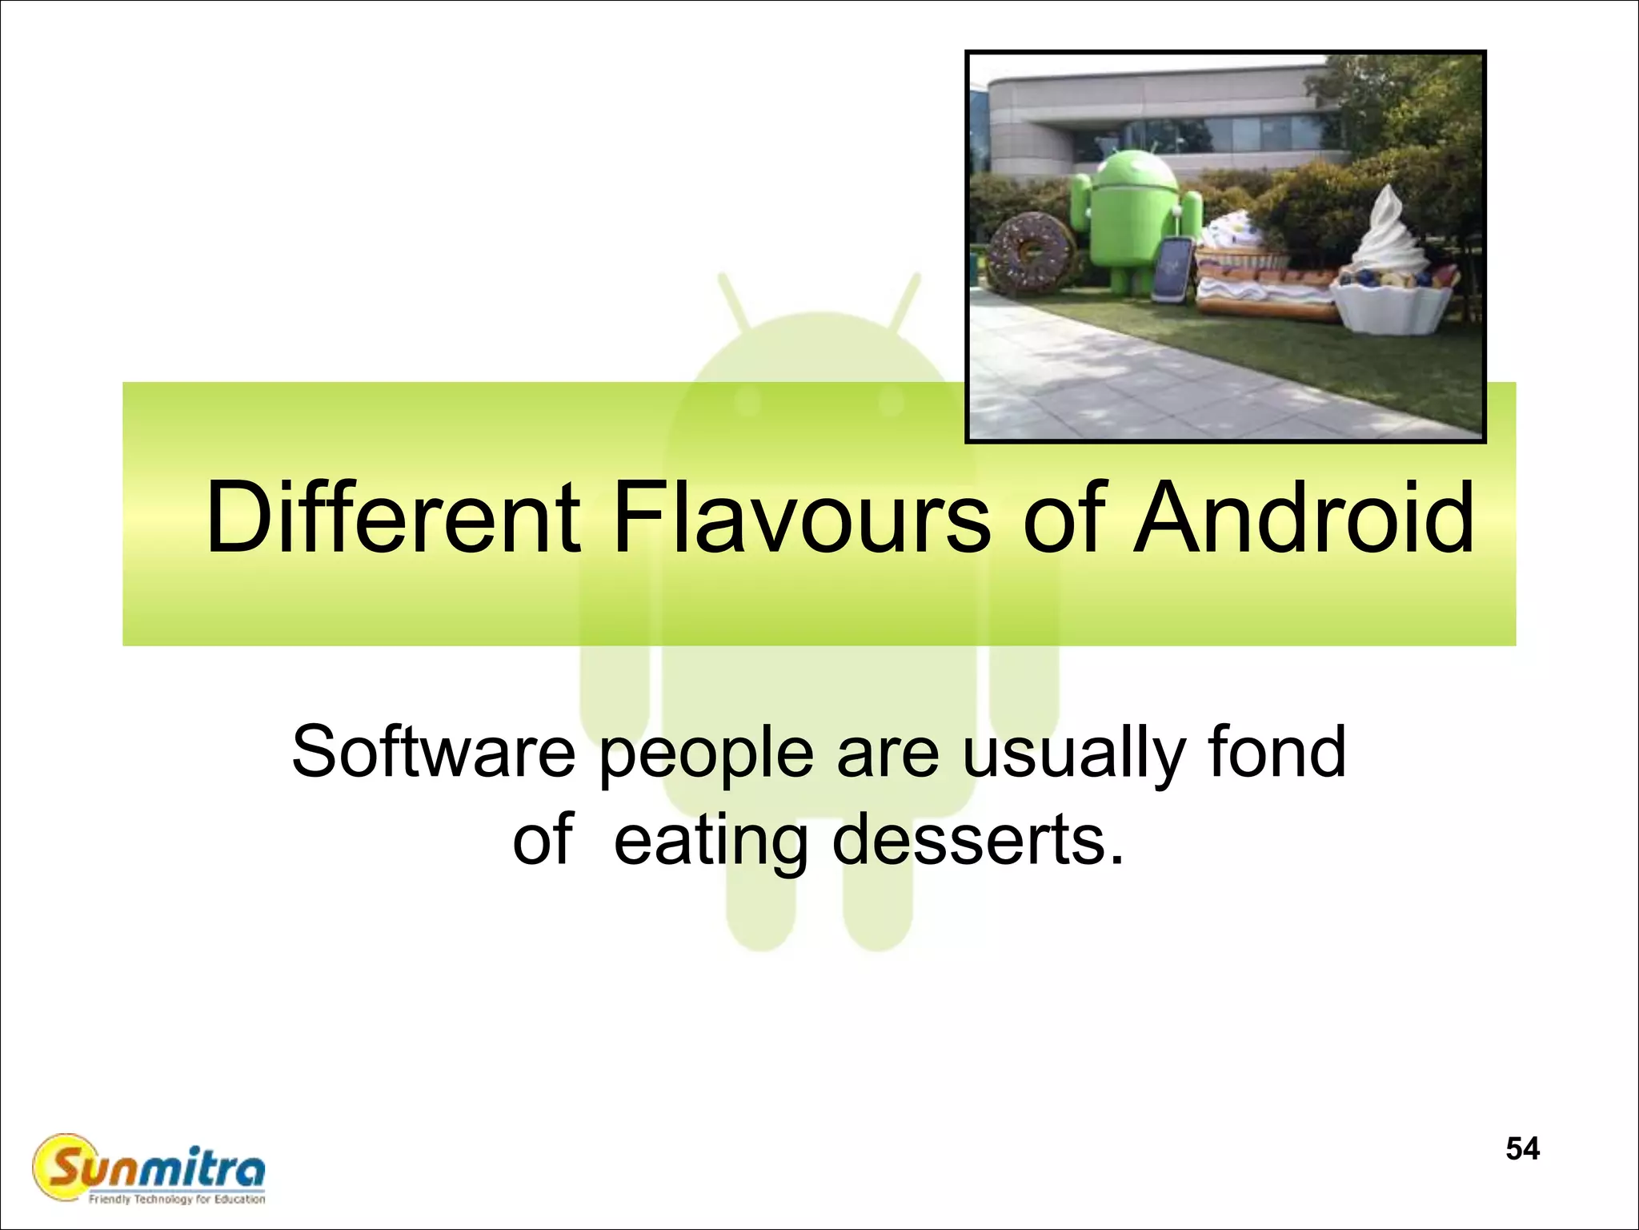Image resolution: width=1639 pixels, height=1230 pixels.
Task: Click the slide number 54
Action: (x=1522, y=1148)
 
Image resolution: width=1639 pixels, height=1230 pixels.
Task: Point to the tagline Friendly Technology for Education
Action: (x=177, y=1199)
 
